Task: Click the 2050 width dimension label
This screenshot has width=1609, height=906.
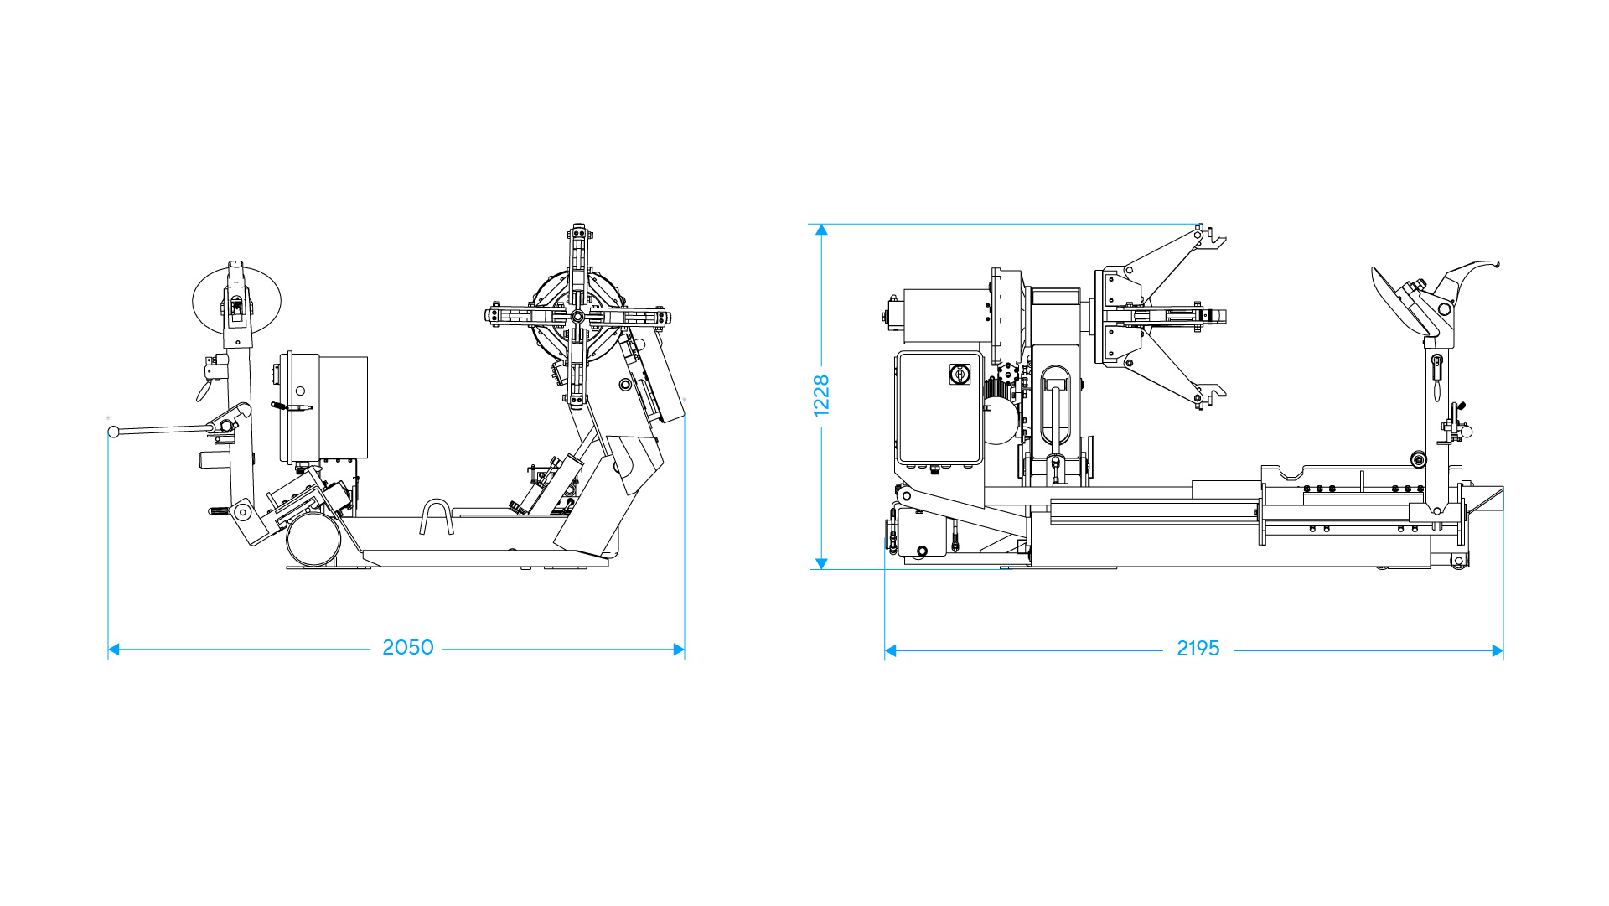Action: pyautogui.click(x=408, y=648)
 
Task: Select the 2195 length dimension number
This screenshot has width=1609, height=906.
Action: pyautogui.click(x=1198, y=649)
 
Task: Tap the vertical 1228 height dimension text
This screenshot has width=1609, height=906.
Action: pyautogui.click(x=821, y=396)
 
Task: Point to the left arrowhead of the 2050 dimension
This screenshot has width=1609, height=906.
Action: pyautogui.click(x=114, y=650)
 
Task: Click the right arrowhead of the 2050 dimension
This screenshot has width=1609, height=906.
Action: pyautogui.click(x=679, y=650)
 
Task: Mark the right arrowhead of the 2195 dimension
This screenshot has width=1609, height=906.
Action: pyautogui.click(x=1498, y=650)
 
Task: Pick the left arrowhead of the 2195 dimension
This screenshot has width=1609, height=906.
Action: pyautogui.click(x=891, y=650)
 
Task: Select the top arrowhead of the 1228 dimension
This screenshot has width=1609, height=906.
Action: pyautogui.click(x=821, y=230)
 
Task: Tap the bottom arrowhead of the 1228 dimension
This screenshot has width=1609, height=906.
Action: pyautogui.click(x=821, y=564)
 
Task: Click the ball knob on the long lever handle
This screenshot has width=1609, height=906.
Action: pyautogui.click(x=114, y=432)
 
